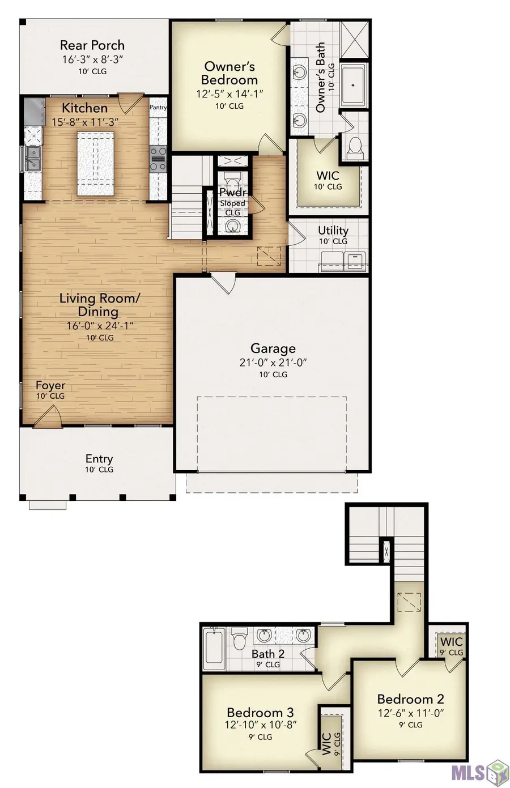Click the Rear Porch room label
92,45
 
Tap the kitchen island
95,163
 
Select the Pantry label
158,107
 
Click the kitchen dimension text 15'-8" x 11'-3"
84,122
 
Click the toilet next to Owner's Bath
355,147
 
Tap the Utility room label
333,230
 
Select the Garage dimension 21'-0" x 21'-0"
273,363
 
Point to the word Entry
99,459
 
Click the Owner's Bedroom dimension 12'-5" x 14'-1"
229,94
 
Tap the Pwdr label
233,193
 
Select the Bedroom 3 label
260,713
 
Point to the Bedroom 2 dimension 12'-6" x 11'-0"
410,713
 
